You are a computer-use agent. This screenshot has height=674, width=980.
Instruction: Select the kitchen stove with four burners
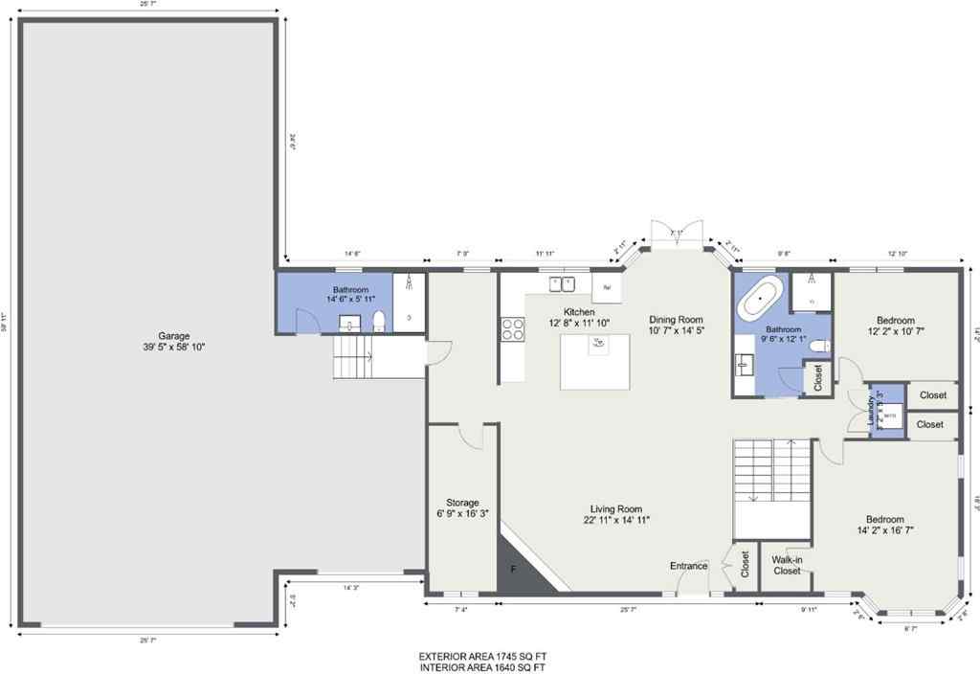point(512,328)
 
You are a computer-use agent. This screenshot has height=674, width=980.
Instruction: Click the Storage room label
point(462,503)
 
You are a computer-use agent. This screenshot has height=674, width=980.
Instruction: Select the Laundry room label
point(872,410)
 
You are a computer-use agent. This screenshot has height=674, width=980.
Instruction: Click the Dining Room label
point(676,320)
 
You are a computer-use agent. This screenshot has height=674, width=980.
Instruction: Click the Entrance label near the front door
point(688,566)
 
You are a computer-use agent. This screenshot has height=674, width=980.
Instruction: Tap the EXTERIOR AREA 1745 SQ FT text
point(481,656)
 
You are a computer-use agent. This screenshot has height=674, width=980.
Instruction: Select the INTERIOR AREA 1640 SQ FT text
point(481,666)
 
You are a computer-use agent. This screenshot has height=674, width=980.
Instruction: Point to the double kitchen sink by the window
point(562,282)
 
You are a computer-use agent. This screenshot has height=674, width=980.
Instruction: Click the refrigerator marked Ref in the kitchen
point(607,286)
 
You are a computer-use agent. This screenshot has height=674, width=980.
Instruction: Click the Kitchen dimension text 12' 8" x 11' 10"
point(579,324)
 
